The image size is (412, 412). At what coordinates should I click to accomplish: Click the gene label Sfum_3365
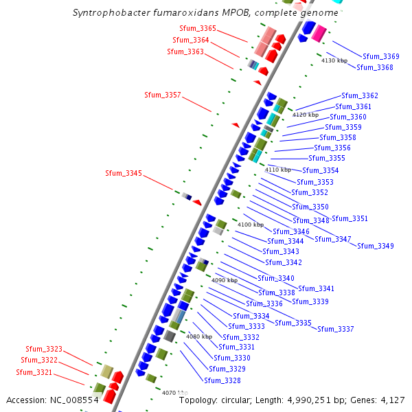coord(197,29)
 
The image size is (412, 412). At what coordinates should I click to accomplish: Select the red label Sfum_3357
coord(163,95)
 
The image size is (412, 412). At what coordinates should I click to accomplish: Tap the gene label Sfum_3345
coord(124,174)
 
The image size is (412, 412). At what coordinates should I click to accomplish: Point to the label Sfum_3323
coord(44,350)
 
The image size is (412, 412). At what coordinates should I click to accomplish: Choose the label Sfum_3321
coord(34,372)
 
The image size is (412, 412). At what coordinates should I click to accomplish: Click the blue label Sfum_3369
coord(381,56)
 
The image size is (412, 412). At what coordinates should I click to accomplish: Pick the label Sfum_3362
coord(360,95)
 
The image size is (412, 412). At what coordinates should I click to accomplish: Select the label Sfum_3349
coord(376,246)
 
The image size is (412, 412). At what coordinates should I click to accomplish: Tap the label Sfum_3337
coord(336,329)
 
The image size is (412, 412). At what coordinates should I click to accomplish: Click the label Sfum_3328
coord(222,380)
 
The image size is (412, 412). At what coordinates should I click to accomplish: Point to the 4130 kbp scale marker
coord(334,61)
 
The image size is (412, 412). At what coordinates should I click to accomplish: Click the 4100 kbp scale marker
coord(251,225)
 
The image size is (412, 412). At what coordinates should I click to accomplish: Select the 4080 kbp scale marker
coord(199,336)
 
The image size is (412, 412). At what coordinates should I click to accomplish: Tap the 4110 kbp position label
coord(278,170)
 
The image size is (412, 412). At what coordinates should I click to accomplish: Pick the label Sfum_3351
coord(350,219)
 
